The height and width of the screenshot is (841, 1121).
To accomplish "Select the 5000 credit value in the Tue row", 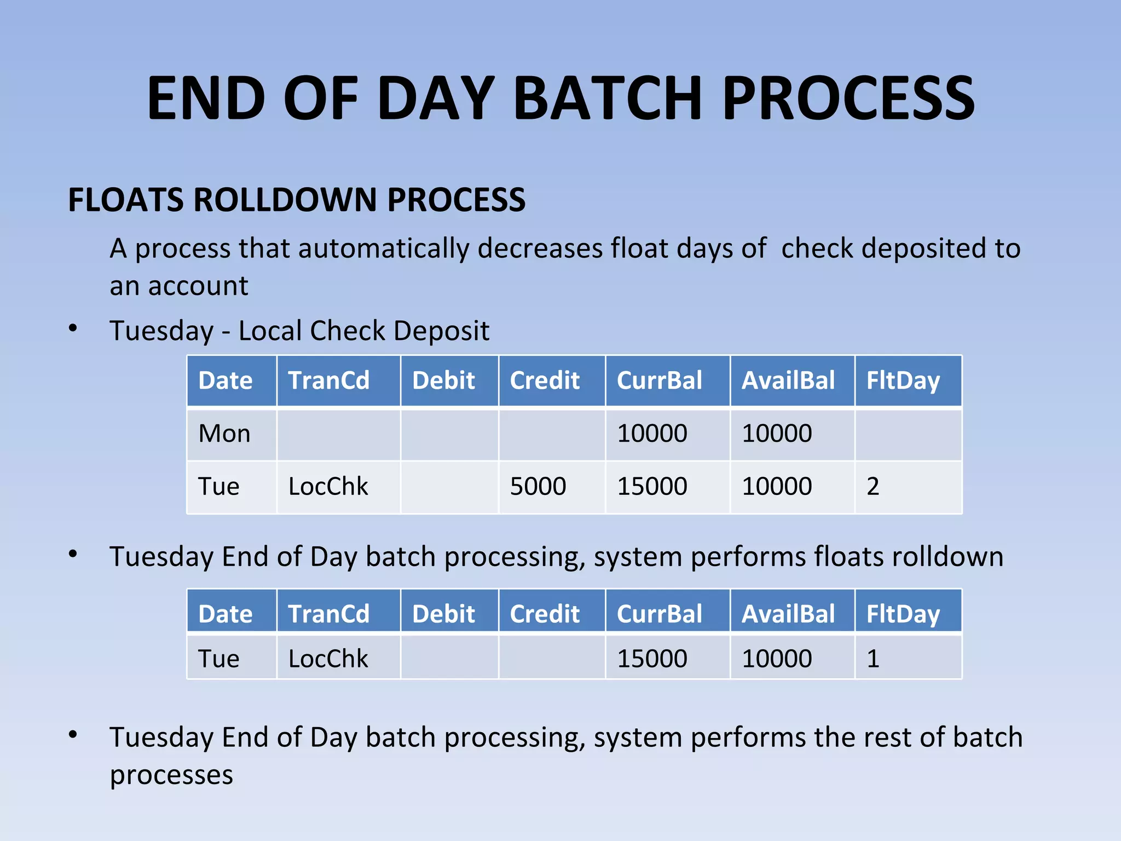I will click(x=538, y=486).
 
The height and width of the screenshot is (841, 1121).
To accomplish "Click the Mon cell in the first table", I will click(x=224, y=434).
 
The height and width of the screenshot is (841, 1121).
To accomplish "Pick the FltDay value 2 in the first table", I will click(x=872, y=486).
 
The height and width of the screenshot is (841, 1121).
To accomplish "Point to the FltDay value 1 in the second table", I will click(x=872, y=658).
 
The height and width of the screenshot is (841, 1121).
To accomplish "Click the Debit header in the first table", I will click(x=443, y=381).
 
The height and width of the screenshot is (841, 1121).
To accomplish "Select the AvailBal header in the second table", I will click(x=788, y=614).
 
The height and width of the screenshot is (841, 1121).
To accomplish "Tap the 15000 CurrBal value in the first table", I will click(x=652, y=486).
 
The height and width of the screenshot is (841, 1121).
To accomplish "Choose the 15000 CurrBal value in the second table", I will click(x=652, y=658).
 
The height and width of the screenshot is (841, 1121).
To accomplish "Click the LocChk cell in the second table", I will click(x=328, y=658).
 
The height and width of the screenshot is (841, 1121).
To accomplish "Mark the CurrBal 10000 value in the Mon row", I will click(x=652, y=434).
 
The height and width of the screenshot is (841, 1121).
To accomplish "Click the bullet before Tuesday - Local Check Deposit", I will click(x=73, y=329).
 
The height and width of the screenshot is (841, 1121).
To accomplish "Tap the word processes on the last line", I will click(x=171, y=775).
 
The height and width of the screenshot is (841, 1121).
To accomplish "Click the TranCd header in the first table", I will click(x=328, y=381).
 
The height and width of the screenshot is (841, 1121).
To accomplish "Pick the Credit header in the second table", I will click(x=545, y=614).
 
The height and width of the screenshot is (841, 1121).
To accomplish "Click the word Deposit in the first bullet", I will click(x=441, y=331).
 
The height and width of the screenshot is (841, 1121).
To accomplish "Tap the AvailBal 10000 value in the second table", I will click(x=777, y=658).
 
